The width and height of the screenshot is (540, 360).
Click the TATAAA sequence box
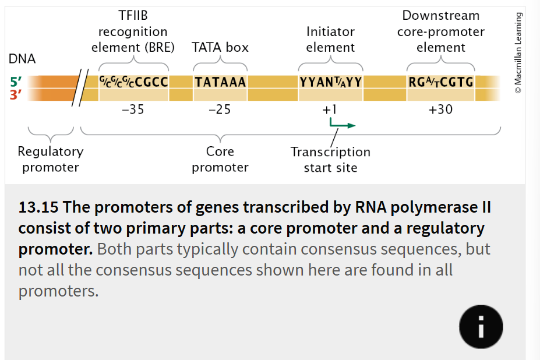click(x=220, y=82)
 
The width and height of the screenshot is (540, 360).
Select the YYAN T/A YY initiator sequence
click(x=330, y=82)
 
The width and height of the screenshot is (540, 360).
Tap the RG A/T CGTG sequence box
click(x=441, y=82)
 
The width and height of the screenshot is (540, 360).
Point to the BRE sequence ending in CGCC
click(x=134, y=82)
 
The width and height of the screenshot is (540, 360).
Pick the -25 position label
click(x=220, y=109)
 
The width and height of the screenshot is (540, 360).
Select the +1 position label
click(x=330, y=109)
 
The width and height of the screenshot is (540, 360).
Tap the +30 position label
click(x=440, y=109)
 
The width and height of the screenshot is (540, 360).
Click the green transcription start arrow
click(x=341, y=124)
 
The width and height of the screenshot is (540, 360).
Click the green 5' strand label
click(x=16, y=82)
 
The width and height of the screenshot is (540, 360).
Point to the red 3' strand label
click(x=16, y=94)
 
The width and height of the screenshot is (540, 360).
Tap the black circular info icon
click(x=481, y=326)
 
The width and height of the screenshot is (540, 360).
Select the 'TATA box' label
click(x=220, y=47)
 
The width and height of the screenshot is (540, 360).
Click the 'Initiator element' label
click(x=330, y=40)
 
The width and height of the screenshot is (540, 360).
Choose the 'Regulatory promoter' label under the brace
click(x=51, y=160)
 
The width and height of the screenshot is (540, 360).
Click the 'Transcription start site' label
click(x=330, y=160)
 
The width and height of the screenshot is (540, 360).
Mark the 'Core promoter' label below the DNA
click(x=220, y=160)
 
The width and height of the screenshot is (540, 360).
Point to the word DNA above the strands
click(x=22, y=59)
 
